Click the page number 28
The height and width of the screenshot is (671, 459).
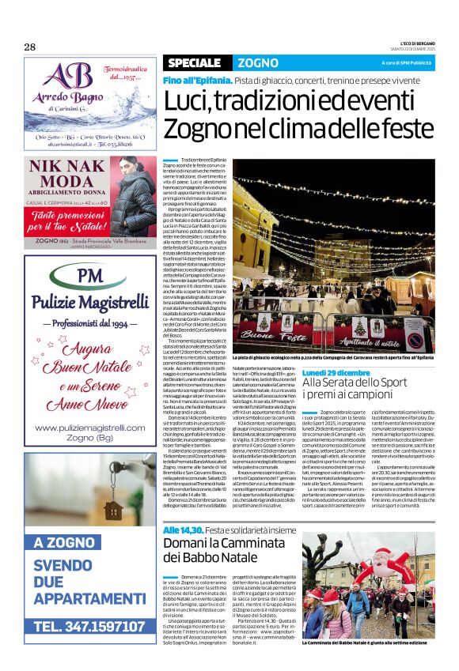[x=30, y=47]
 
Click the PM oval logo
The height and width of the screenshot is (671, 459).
[x=92, y=277]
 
